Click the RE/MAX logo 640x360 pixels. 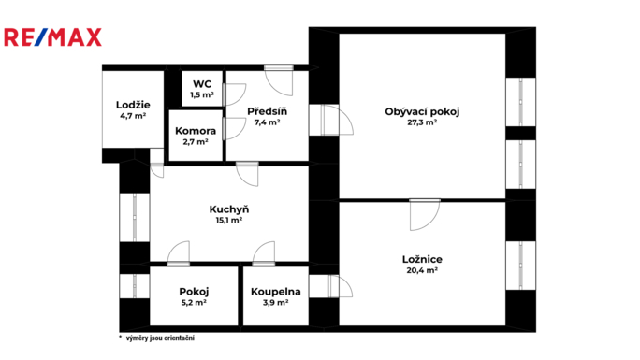(x=52, y=37)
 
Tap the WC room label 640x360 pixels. (x=202, y=84)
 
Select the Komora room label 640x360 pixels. (x=196, y=131)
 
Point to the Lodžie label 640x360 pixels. (x=133, y=105)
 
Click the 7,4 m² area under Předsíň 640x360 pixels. (x=267, y=122)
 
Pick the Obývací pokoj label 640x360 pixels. (x=422, y=111)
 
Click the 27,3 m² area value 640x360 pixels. (x=422, y=122)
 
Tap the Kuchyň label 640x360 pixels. (x=229, y=209)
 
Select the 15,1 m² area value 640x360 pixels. (x=229, y=220)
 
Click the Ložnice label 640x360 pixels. (x=422, y=259)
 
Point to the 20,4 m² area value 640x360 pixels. (x=422, y=270)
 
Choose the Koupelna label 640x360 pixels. (x=275, y=292)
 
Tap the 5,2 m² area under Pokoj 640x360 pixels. (x=194, y=303)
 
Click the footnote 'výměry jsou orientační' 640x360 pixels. (x=160, y=338)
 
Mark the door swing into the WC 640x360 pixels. (x=235, y=94)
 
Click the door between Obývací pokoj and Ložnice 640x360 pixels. (x=425, y=215)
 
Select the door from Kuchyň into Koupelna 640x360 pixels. (x=264, y=253)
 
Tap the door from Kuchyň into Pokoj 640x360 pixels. (x=179, y=253)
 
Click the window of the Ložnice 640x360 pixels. (x=521, y=266)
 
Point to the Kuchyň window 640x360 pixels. (x=135, y=218)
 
